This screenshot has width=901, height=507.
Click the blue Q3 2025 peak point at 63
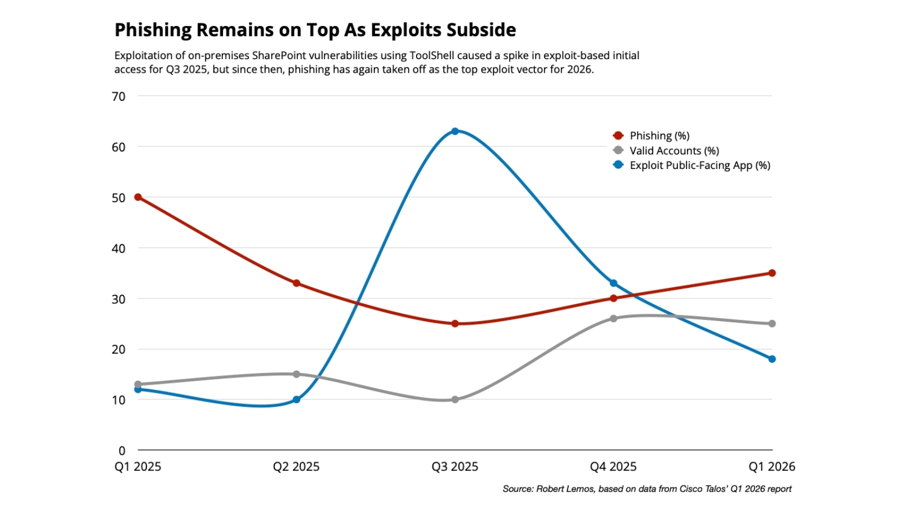pyautogui.click(x=455, y=131)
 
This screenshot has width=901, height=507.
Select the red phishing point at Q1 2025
pyautogui.click(x=138, y=197)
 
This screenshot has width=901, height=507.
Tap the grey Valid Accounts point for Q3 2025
pyautogui.click(x=455, y=399)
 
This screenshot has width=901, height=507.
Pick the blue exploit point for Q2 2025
pyautogui.click(x=296, y=399)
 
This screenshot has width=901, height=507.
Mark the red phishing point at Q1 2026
pyautogui.click(x=772, y=273)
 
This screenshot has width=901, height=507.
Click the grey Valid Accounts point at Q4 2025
pyautogui.click(x=614, y=318)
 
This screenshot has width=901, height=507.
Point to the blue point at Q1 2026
pyautogui.click(x=772, y=359)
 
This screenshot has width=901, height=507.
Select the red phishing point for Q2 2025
pyautogui.click(x=296, y=283)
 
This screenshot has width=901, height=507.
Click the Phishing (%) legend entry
pyautogui.click(x=659, y=136)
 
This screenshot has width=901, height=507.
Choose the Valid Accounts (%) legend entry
pyautogui.click(x=673, y=150)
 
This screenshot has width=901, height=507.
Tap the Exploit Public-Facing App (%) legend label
pyautogui.click(x=699, y=165)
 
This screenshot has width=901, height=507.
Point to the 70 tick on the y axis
pyautogui.click(x=118, y=96)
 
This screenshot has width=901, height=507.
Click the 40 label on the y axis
pyautogui.click(x=118, y=248)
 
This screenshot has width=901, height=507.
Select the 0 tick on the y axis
pyautogui.click(x=122, y=451)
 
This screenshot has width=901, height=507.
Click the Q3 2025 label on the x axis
pyautogui.click(x=455, y=467)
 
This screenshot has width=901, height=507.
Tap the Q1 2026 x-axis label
pyautogui.click(x=771, y=467)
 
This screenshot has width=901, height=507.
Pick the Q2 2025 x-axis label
pyautogui.click(x=296, y=467)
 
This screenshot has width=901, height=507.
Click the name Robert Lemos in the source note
pyautogui.click(x=565, y=489)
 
